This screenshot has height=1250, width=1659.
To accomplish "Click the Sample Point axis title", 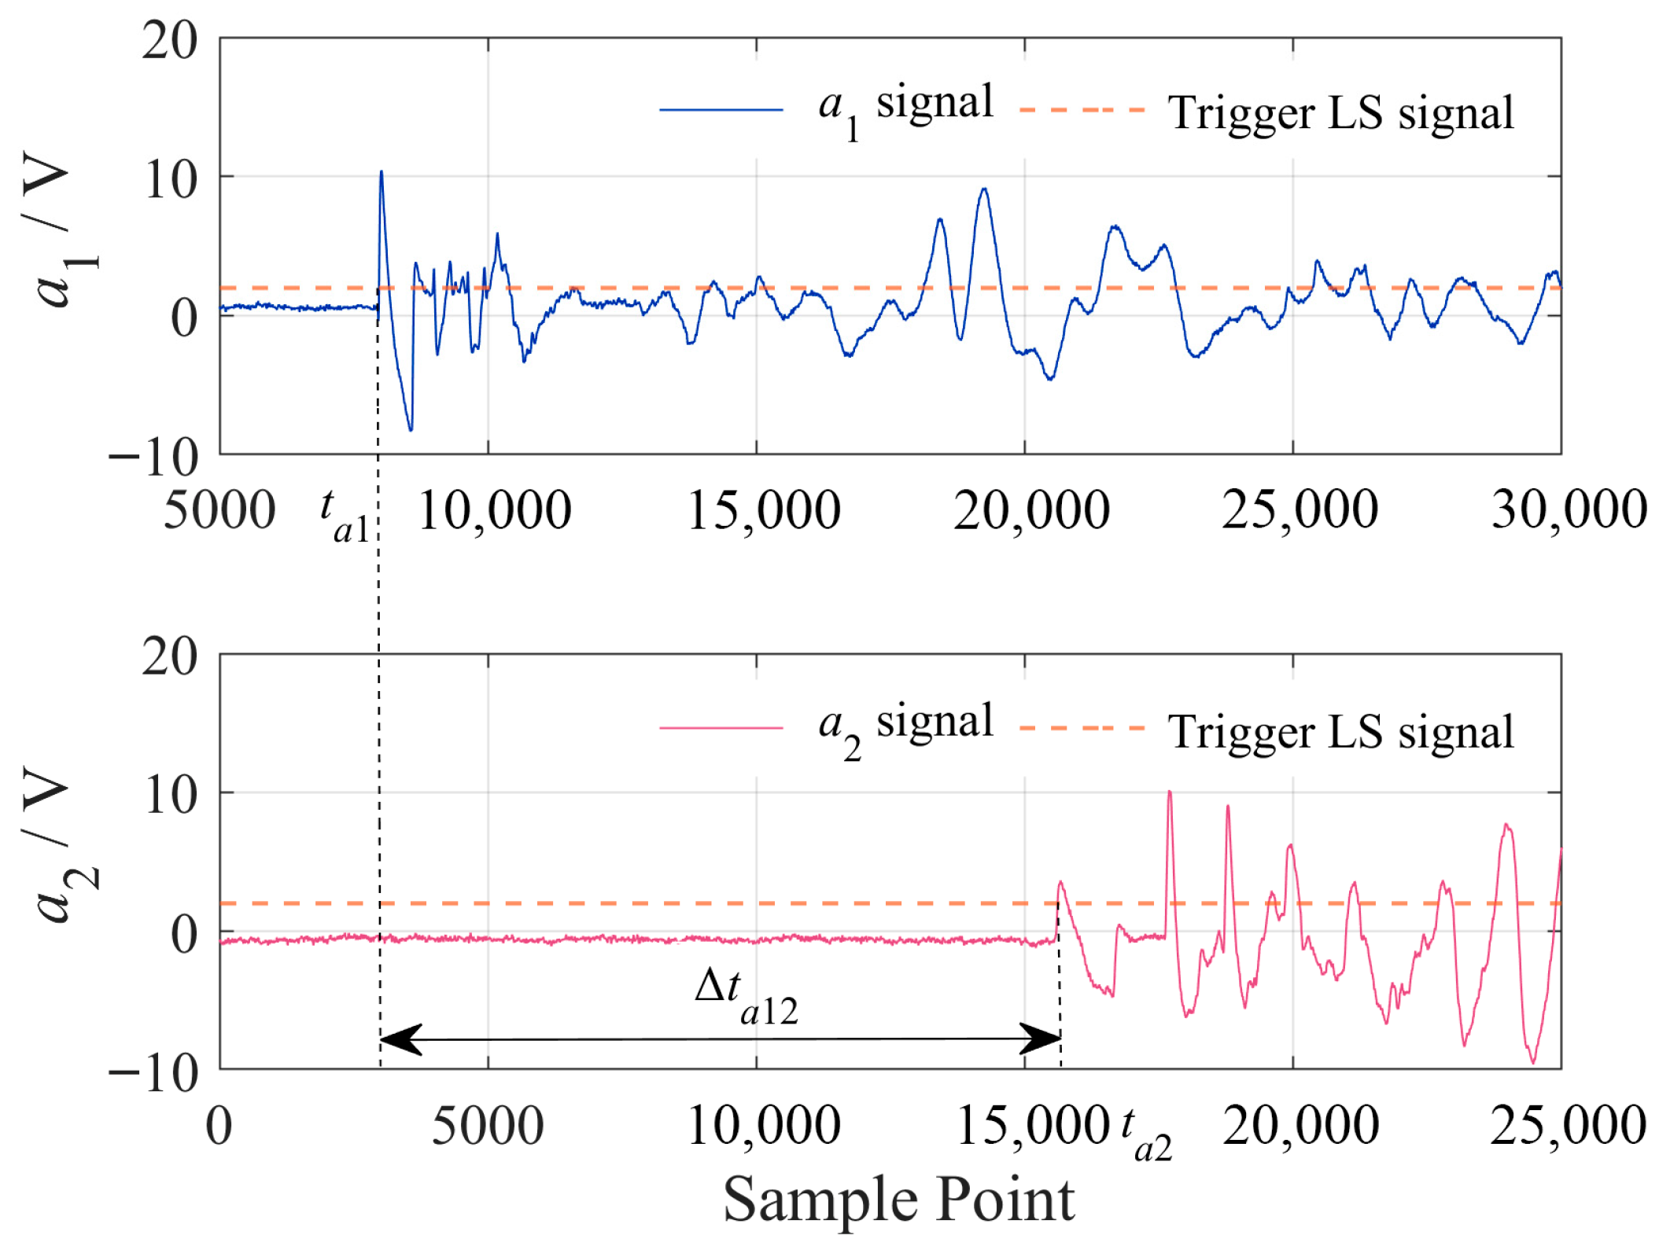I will click(x=898, y=1200).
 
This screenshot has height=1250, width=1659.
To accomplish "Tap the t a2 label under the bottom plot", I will click(x=1145, y=1134).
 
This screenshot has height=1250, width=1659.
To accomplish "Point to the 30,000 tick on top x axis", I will click(x=1569, y=509).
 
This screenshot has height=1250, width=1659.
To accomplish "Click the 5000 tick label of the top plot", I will click(x=219, y=509).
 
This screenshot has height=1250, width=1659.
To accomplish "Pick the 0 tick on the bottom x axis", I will click(x=219, y=1126).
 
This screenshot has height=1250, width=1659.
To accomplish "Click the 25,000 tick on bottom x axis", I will click(x=1567, y=1126).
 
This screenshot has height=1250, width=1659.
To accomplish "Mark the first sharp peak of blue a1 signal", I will click(x=382, y=172).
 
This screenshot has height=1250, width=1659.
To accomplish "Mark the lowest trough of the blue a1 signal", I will click(x=411, y=429).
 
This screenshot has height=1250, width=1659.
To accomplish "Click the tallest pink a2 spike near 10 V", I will click(x=1169, y=792).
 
